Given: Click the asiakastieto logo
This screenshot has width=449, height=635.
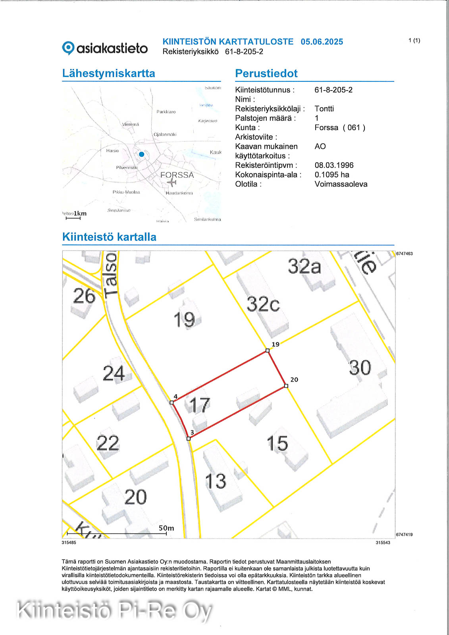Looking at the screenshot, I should [x=105, y=48].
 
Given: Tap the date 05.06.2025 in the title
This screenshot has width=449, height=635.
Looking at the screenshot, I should [x=322, y=42].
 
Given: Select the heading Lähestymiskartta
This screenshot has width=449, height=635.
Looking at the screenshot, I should [x=108, y=73].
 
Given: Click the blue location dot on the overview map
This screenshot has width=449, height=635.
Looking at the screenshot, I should [x=141, y=154].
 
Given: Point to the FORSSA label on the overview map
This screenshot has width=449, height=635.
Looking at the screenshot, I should [x=177, y=175].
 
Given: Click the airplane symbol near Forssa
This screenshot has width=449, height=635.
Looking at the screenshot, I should [x=172, y=182].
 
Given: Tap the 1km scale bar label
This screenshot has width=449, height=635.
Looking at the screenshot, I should [x=80, y=214].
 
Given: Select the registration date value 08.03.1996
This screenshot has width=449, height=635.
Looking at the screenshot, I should [x=334, y=165].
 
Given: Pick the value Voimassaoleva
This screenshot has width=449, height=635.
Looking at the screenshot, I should [x=341, y=184].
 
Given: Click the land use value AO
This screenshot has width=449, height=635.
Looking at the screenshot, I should [x=320, y=146].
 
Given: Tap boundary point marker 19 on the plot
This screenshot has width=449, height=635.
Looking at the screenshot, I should [x=268, y=350].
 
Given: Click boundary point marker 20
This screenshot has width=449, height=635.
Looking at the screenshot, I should [x=286, y=386].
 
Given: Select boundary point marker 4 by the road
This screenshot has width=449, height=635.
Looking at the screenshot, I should [x=172, y=402].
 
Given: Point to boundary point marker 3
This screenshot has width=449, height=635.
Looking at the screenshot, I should [x=189, y=439].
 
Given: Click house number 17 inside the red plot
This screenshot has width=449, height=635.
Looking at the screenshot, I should [x=199, y=405].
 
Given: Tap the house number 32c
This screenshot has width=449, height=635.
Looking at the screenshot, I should [x=263, y=304].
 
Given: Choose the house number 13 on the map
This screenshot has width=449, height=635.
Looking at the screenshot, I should [x=216, y=481].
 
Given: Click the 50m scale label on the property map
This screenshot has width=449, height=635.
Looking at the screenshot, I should [x=166, y=528].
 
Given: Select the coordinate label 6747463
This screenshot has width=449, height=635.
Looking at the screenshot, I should [x=404, y=254].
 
